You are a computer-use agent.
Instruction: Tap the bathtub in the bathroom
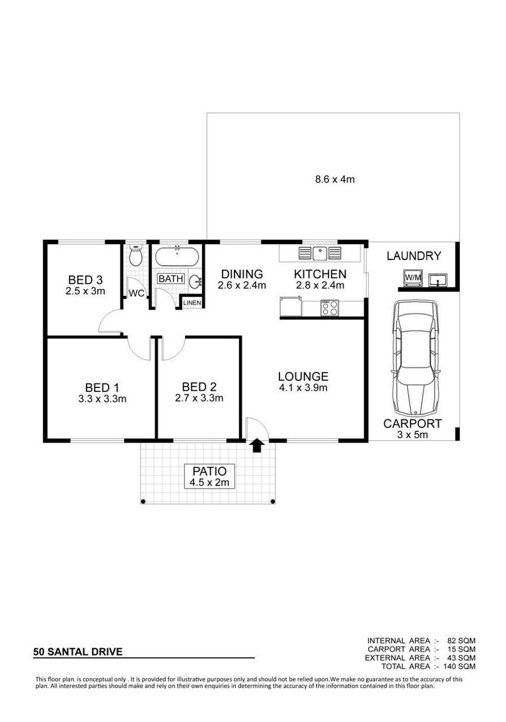(177, 256)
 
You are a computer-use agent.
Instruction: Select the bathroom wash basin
(195, 282)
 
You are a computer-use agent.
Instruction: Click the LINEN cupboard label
(192, 303)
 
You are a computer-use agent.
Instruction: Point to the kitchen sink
(320, 254)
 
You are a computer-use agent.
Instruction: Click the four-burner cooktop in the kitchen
(329, 308)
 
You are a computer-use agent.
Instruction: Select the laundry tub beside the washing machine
(438, 279)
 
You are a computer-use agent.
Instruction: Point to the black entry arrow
(256, 446)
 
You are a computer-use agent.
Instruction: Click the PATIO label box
(209, 476)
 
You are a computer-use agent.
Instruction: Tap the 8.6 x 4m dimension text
(335, 179)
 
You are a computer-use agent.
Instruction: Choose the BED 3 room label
(85, 279)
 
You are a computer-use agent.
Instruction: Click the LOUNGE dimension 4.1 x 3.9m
(303, 387)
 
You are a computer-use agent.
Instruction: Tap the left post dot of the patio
(143, 502)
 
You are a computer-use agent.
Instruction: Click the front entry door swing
(257, 428)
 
